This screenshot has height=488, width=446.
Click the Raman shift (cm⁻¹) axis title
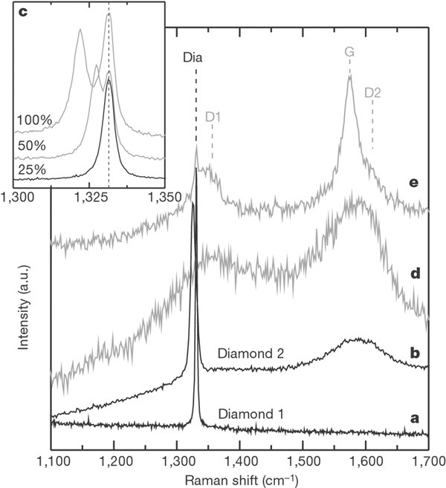click(x=240, y=479)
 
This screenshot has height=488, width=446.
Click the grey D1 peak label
click(x=213, y=117)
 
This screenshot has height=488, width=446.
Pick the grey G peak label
click(x=349, y=52)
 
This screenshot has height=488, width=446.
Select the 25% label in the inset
click(x=30, y=170)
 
